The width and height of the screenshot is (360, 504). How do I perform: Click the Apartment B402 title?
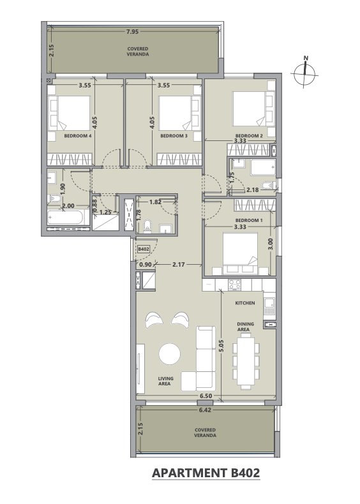point(206,473)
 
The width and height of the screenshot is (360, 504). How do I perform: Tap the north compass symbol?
point(305,73)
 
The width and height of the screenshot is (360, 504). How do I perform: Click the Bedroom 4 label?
point(78,136)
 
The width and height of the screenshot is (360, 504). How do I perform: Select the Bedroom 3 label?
point(174,136)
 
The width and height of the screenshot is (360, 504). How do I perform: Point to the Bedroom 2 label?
point(249,136)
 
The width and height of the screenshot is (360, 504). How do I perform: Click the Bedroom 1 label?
point(249,221)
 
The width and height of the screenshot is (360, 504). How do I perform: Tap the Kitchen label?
point(245,303)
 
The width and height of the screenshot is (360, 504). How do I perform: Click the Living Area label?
point(166,381)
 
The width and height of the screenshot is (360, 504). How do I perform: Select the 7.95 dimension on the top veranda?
point(132,31)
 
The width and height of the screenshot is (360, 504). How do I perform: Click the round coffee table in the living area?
point(170,354)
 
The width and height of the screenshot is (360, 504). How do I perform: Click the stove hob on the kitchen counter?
point(234,285)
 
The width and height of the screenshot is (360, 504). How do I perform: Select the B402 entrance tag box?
point(143,249)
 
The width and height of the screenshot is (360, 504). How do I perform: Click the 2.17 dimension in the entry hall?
point(179,265)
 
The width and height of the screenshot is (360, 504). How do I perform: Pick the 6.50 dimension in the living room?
point(206,396)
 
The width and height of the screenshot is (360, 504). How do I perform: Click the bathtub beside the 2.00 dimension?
point(66,218)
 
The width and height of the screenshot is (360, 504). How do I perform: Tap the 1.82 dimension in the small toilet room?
point(155,202)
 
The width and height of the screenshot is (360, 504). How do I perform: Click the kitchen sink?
point(269,306)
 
